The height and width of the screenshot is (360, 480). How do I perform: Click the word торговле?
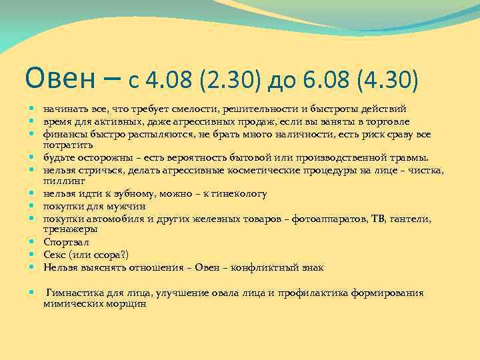(x=388, y=121)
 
